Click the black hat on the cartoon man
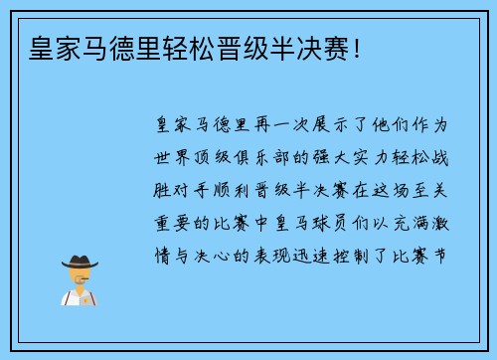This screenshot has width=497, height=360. [x=81, y=262]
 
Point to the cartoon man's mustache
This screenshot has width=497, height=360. [x=81, y=280]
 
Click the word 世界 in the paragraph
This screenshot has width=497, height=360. [x=169, y=158]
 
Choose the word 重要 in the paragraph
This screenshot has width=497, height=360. [x=169, y=222]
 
